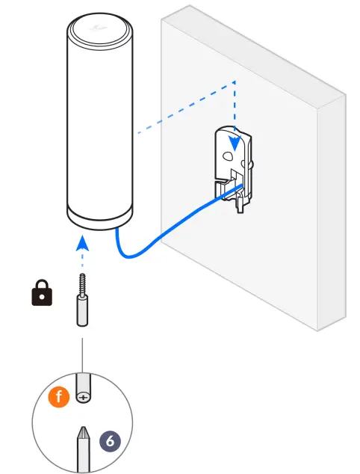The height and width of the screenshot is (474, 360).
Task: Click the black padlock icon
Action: pyautogui.click(x=42, y=295)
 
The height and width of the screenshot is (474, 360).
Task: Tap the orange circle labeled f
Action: pyautogui.click(x=59, y=397)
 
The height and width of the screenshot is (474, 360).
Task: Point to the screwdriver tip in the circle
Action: pyautogui.click(x=82, y=437)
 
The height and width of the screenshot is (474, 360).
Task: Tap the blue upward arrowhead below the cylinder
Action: pyautogui.click(x=83, y=244)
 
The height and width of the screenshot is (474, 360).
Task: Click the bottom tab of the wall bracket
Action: pyautogui.click(x=240, y=204)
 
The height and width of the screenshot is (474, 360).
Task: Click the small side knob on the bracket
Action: pyautogui.click(x=255, y=161)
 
